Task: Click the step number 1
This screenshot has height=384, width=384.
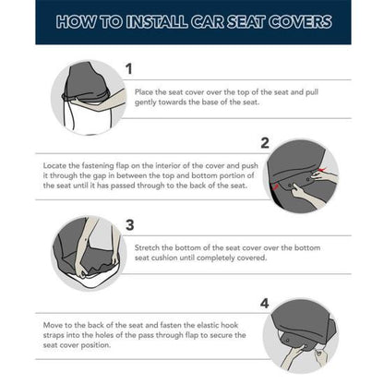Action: [128, 68]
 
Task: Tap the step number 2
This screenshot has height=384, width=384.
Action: [264, 142]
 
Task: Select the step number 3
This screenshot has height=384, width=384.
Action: [129, 223]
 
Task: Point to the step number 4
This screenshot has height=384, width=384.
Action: [264, 302]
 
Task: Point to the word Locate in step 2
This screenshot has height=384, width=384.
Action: [56, 165]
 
